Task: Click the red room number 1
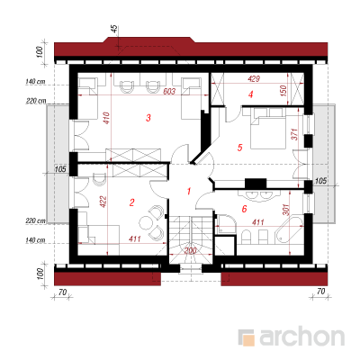189,191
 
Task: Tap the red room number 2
132,202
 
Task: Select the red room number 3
148,118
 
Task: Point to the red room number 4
251,94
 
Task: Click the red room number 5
239,148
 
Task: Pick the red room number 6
244,209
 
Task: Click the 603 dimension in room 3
169,91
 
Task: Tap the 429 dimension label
254,79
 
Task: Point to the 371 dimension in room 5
294,134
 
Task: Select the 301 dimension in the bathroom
285,210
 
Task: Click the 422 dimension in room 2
103,202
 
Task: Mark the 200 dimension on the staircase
190,251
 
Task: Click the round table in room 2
147,222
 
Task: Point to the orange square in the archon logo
248,339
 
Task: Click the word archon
301,337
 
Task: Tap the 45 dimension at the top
114,30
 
